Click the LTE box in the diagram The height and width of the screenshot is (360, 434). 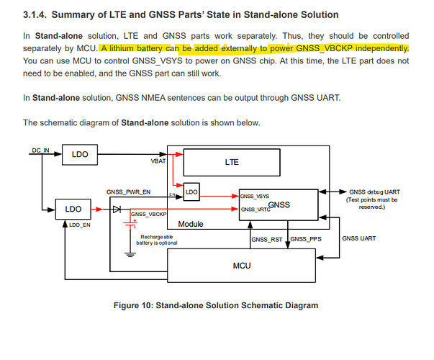(x=232, y=162)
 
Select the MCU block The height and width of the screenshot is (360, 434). (x=241, y=266)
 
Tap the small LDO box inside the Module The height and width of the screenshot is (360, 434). (x=191, y=192)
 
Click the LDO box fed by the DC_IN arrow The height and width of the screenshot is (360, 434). (x=80, y=155)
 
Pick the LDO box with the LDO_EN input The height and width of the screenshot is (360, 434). (x=73, y=209)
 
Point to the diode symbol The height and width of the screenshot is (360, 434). (x=117, y=209)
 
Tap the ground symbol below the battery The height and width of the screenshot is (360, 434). (x=130, y=254)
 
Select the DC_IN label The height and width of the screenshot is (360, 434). (x=40, y=150)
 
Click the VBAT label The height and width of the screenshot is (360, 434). (x=158, y=161)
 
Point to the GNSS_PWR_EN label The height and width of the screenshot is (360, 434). (x=128, y=192)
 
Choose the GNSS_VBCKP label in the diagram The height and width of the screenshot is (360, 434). (x=149, y=214)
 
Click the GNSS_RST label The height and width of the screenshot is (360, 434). (x=267, y=240)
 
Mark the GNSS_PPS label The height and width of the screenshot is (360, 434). (x=306, y=239)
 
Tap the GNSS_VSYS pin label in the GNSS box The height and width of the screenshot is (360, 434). (x=254, y=197)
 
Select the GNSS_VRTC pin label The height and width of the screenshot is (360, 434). (x=256, y=210)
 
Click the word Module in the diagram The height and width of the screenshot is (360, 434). (x=191, y=224)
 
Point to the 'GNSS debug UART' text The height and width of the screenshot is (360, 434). (x=374, y=192)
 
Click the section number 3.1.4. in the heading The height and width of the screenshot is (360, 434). (x=35, y=14)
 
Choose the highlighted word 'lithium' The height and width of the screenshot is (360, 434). (x=122, y=48)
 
